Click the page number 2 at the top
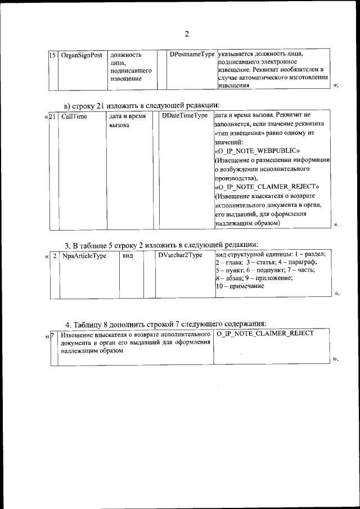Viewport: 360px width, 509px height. (x=187, y=34)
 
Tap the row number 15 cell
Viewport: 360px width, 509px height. (x=52, y=55)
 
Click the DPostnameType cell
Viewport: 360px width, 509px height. (x=192, y=55)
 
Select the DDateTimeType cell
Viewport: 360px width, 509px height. (x=184, y=116)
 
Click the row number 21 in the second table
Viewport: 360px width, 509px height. (x=53, y=116)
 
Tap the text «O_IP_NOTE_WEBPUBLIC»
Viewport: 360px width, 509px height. (x=260, y=152)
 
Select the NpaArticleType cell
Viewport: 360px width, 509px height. (x=84, y=255)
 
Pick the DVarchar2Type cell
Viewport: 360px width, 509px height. (x=180, y=255)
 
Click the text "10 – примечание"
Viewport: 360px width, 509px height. (x=240, y=286)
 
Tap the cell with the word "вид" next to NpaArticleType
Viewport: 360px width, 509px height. (x=128, y=255)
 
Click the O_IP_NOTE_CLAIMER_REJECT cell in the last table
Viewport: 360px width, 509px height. (x=264, y=334)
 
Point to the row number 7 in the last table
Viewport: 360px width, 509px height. (x=52, y=334)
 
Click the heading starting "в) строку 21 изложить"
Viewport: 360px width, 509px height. (x=141, y=105)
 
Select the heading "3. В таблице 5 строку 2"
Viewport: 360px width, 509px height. (x=161, y=245)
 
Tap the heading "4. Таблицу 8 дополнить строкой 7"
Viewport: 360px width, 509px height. (x=165, y=323)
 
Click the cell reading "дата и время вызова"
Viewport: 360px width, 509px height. (x=128, y=121)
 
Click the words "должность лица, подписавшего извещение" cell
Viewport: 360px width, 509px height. (x=130, y=67)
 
